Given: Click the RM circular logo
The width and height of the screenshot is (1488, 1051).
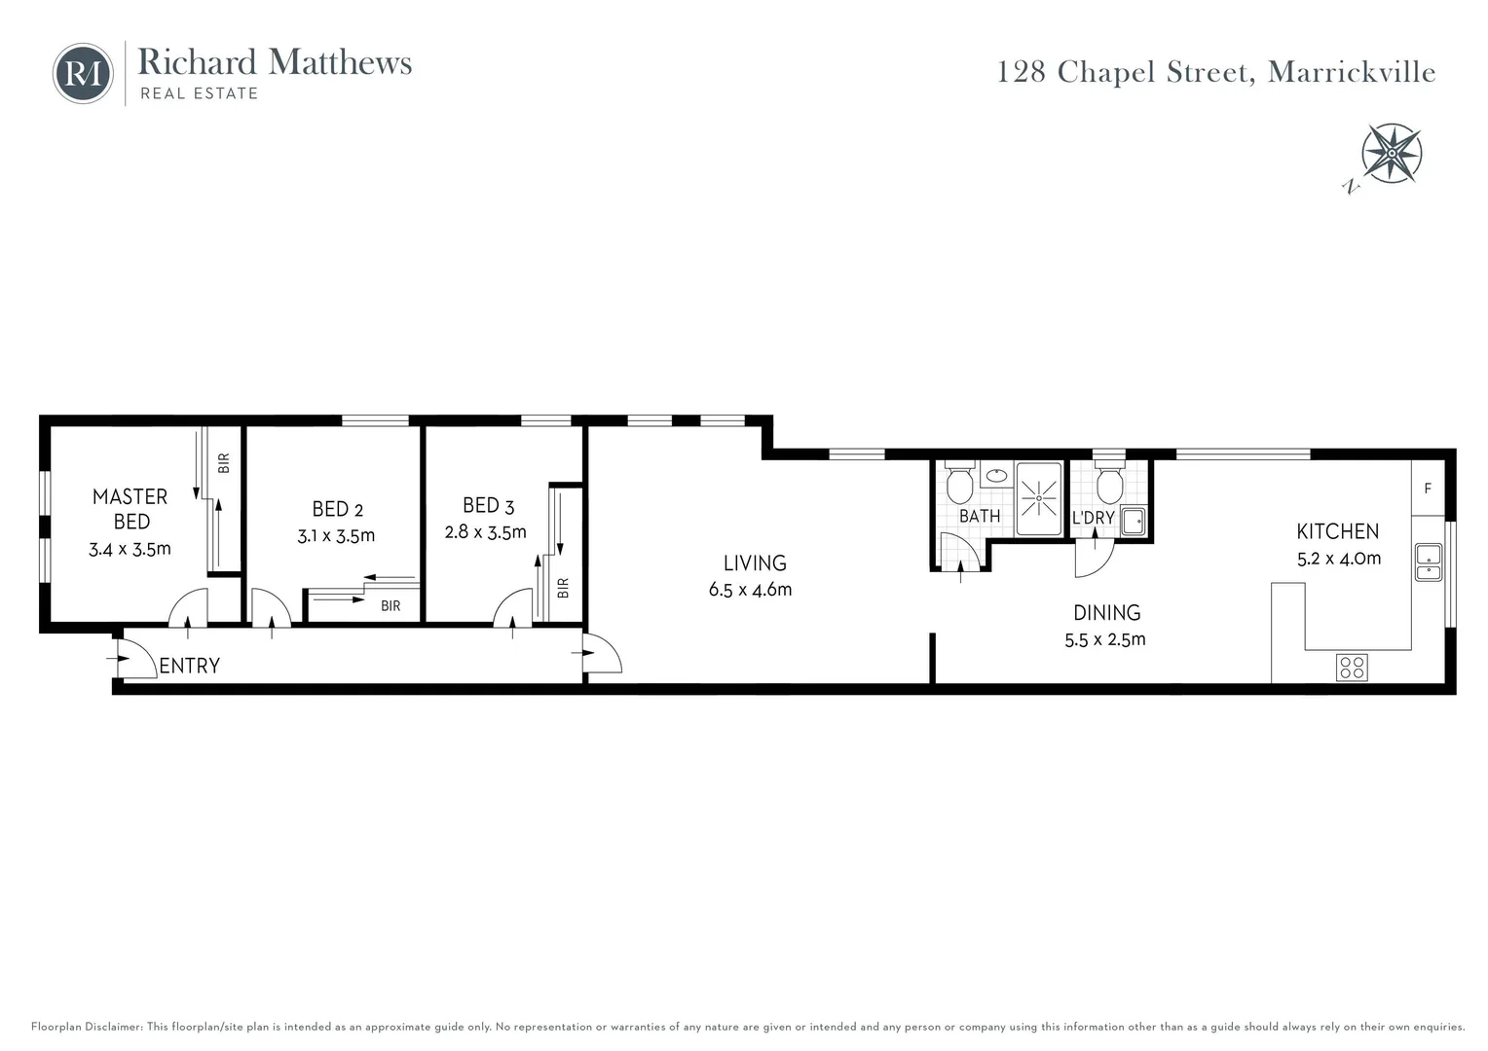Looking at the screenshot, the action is (83, 74).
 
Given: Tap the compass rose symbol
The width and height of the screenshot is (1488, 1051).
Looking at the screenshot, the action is (1392, 154).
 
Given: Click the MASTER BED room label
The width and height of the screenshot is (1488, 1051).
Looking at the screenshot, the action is (130, 509).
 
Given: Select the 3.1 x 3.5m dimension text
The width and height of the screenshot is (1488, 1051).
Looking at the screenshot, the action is (336, 536).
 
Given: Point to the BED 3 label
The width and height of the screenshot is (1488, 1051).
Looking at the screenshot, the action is (488, 506).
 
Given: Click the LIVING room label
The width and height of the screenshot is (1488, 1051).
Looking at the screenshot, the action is (755, 563).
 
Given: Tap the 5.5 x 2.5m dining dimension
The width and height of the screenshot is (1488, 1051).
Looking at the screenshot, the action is (1105, 639).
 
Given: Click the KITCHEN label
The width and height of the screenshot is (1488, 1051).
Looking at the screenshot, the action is (1338, 531).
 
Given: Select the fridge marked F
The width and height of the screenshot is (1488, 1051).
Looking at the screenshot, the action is (1428, 488).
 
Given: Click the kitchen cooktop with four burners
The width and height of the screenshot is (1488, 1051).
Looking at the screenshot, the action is (1352, 668).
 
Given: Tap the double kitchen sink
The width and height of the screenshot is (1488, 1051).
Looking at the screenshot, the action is (1429, 562).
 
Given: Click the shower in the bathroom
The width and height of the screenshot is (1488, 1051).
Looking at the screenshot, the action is (1038, 498).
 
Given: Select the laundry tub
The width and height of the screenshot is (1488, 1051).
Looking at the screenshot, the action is (1134, 522).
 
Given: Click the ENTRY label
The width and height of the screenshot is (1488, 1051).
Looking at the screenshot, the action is (189, 666).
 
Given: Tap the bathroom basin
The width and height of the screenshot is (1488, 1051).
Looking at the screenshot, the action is (996, 475).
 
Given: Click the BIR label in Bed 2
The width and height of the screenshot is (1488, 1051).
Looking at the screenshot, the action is (391, 606).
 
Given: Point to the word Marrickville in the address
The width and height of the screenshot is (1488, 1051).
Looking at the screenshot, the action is (1352, 72).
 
